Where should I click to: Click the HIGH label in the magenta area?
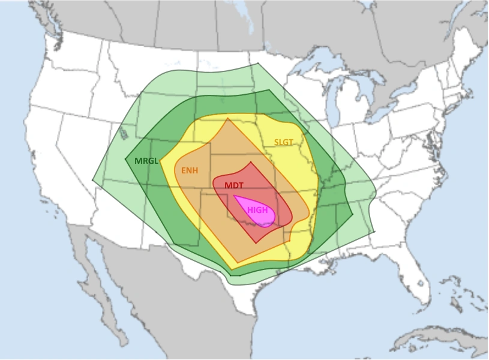click(257, 210)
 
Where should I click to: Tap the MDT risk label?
click(234, 185)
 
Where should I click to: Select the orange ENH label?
click(190, 171)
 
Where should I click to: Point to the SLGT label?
click(284, 142)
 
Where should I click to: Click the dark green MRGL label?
click(146, 161)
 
